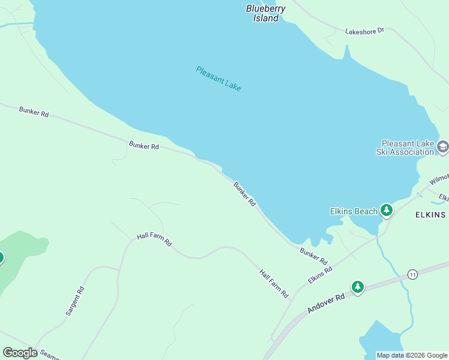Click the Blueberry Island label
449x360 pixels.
click(x=265, y=13)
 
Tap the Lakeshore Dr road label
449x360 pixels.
click(x=364, y=31)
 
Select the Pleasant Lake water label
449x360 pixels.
click(x=218, y=79)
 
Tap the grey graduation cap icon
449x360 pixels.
click(x=442, y=147)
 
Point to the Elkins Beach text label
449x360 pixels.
click(x=354, y=211)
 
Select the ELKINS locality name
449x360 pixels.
click(x=430, y=214)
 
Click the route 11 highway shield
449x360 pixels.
click(x=412, y=274)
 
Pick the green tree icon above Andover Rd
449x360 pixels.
click(x=358, y=287)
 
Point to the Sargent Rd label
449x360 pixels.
click(x=74, y=302)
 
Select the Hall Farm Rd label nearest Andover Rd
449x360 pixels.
click(x=274, y=283)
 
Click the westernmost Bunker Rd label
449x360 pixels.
click(x=34, y=112)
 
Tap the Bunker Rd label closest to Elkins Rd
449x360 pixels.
click(x=313, y=256)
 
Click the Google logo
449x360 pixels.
click(x=20, y=353)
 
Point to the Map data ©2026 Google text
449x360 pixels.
click(x=411, y=355)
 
